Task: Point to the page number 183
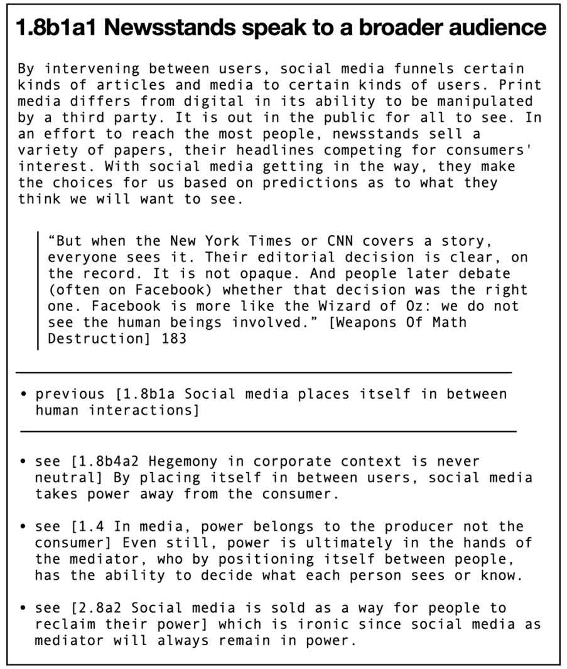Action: (x=173, y=339)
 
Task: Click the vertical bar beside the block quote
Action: (x=38, y=290)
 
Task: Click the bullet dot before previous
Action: (x=23, y=394)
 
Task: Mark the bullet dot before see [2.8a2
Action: (x=23, y=609)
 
